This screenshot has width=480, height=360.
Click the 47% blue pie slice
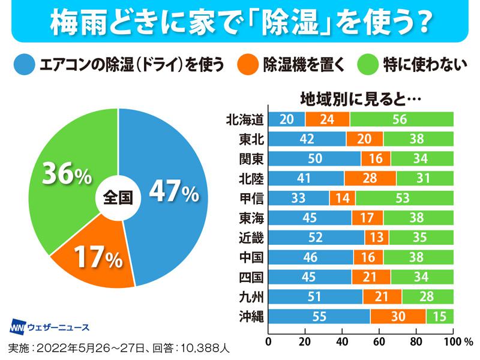tap(174, 192)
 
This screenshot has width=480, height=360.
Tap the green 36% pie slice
tap(66, 174)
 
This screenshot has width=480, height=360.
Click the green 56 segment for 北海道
tap(401, 119)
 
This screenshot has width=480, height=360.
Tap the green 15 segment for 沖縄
tap(440, 316)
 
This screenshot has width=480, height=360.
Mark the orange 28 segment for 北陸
tap(370, 178)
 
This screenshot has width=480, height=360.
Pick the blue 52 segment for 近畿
tap(316, 237)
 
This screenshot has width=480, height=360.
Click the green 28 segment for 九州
tap(428, 296)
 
